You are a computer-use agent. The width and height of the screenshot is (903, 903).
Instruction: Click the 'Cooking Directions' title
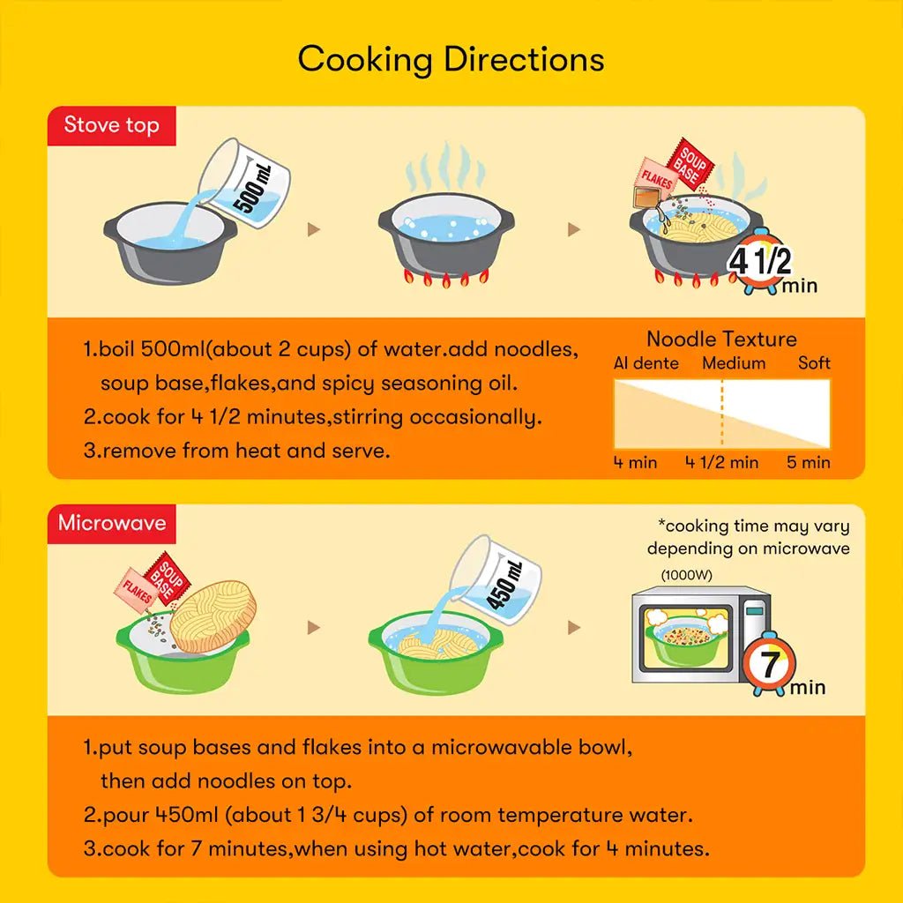coord(451,60)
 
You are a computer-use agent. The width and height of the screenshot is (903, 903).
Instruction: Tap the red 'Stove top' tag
coord(112,125)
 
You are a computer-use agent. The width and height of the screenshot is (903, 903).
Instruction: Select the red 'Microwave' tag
coord(112,524)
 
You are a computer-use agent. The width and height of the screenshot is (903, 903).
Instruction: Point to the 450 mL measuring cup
coord(496,579)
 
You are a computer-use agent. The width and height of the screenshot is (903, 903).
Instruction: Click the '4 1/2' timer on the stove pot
coord(759,262)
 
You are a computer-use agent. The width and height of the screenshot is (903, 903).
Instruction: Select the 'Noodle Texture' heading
coord(721,340)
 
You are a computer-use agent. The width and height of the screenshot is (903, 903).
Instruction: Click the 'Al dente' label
coord(646,363)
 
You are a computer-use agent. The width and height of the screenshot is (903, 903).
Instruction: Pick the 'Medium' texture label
coord(734,363)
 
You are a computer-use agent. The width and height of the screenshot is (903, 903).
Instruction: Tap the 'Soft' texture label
coord(814,362)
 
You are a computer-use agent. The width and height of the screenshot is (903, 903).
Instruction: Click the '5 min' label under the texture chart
coord(809,462)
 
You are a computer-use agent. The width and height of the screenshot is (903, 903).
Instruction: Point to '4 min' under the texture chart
coord(635,462)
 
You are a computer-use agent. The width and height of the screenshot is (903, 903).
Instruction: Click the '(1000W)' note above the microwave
coord(686,575)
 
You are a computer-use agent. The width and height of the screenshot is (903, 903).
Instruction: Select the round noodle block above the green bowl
coord(213,616)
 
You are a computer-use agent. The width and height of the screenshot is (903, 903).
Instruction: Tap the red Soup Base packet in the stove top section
coord(690,164)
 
